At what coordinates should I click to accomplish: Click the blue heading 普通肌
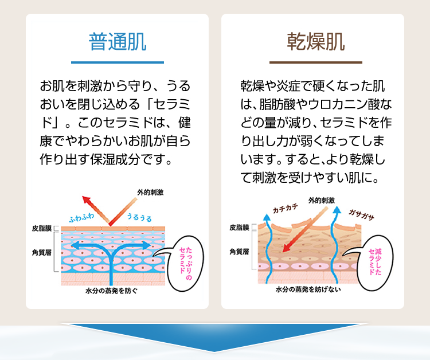coord(118,41)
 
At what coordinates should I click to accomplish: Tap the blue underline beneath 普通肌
coord(118,62)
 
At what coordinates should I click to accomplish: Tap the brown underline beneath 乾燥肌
coord(316,62)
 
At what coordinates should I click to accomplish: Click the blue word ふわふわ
coord(81,218)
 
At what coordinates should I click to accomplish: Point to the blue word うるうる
coord(139,218)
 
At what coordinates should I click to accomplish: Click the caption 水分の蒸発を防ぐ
coord(111,291)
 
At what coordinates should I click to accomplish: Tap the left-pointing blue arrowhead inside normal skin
coord(73,245)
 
